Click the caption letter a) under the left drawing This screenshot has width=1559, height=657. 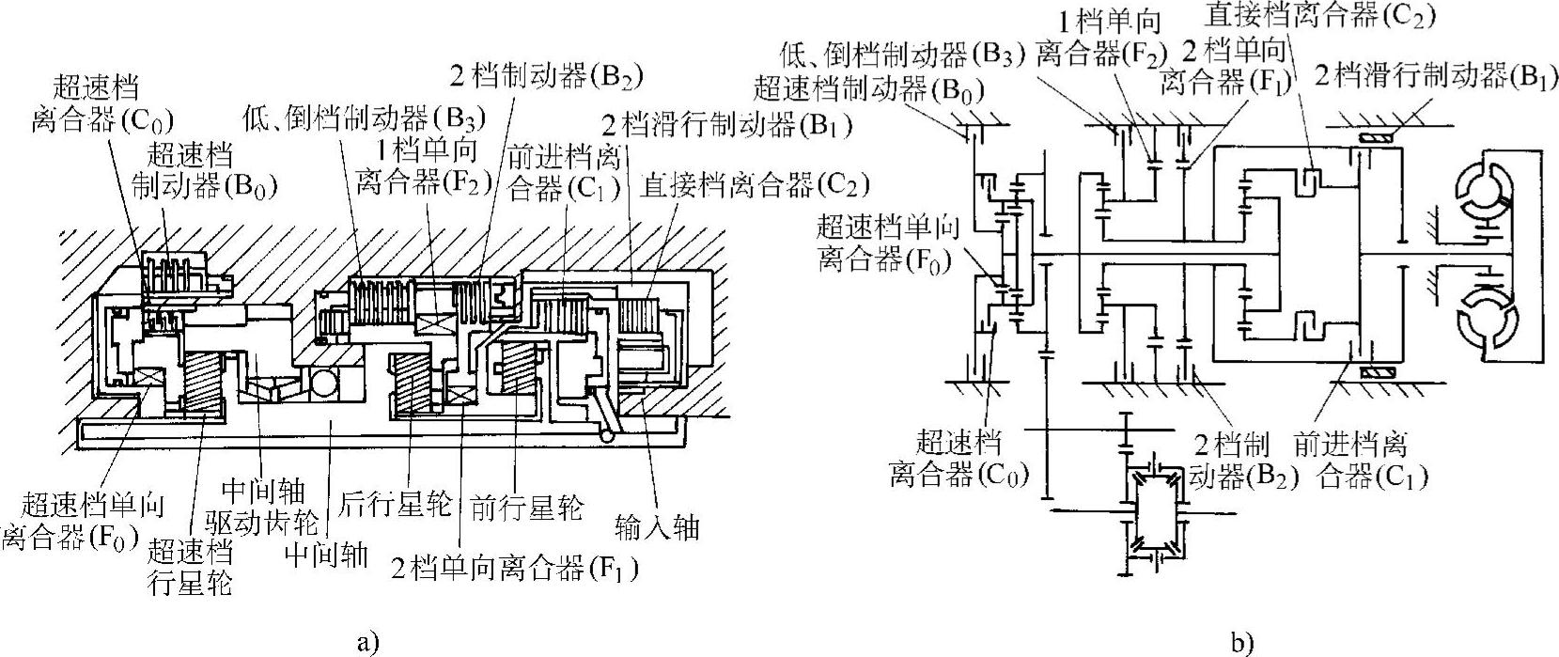367,643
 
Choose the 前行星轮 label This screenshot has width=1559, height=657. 524,508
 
